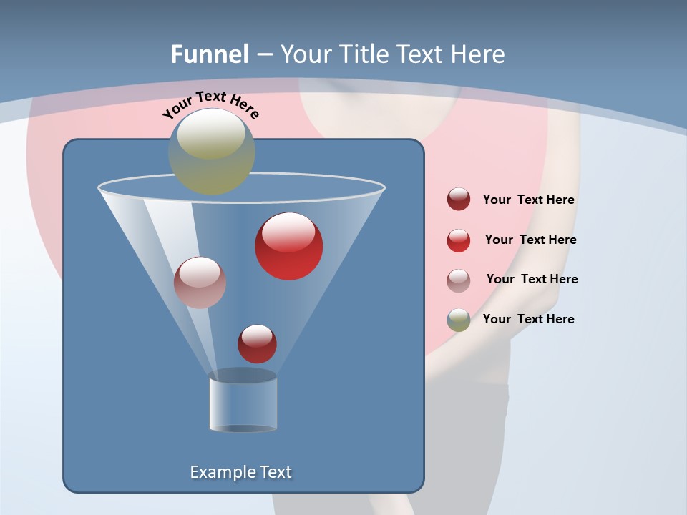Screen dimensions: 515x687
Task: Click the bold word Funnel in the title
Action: (210, 54)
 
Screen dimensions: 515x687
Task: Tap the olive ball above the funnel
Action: (212, 152)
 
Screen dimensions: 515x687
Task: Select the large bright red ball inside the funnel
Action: (289, 247)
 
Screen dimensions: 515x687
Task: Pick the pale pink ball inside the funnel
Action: (200, 283)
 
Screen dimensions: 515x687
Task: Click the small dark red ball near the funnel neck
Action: (258, 344)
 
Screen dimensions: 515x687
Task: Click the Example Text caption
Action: (241, 472)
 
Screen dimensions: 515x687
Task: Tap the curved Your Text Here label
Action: (211, 105)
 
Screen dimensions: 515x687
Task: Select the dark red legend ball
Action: (459, 200)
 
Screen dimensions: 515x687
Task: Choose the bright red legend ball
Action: (459, 240)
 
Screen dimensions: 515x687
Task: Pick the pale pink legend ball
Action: (459, 280)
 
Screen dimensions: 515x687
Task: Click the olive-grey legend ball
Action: (459, 320)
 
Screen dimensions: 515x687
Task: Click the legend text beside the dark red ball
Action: (528, 200)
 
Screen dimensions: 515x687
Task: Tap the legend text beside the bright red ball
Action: (530, 240)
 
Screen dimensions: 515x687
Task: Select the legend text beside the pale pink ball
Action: (532, 280)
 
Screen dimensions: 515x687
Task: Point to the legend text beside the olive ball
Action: (528, 319)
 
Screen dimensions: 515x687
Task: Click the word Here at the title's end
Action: (479, 54)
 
